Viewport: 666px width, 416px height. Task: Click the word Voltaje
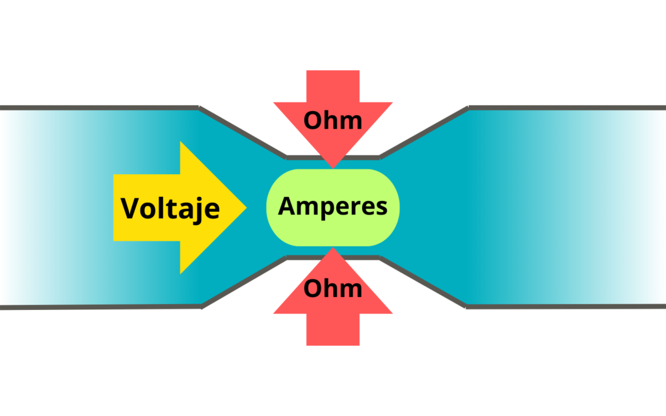coord(170,209)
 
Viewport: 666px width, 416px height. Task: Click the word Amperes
coord(332,207)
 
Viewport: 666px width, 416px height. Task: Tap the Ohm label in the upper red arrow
coord(332,120)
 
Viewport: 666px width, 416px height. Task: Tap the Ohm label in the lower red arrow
coord(332,287)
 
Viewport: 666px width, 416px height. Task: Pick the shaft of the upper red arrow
coord(333,84)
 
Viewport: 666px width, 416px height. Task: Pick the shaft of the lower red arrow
coord(333,328)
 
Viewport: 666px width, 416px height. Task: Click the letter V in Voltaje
coord(130,209)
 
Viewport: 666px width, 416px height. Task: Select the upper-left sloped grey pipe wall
coord(242,132)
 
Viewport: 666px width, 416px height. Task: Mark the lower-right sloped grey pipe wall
coord(423,281)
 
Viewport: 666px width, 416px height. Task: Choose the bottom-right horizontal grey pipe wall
coord(566,306)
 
